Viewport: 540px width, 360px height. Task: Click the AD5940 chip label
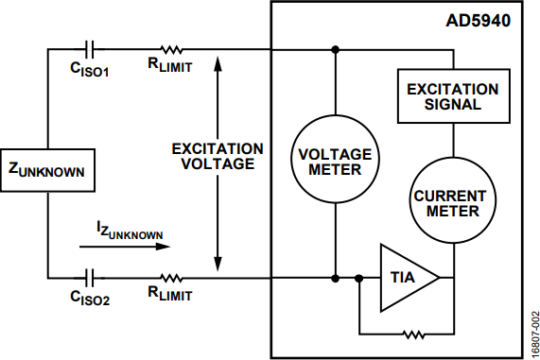click(478, 21)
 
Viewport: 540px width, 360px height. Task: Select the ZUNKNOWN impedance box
click(47, 170)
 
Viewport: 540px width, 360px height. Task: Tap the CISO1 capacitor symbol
click(89, 49)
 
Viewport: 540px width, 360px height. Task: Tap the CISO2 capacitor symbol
click(89, 278)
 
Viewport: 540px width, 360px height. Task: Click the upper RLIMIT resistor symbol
click(171, 50)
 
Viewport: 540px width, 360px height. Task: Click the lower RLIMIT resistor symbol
click(171, 278)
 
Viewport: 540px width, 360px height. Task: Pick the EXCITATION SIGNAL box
click(454, 96)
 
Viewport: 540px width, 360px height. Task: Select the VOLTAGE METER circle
click(335, 160)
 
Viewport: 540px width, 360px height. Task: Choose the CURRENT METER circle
click(453, 200)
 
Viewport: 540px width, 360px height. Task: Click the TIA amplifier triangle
click(409, 278)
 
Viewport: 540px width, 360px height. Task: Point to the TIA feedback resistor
click(413, 334)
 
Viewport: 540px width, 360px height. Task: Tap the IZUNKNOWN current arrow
click(125, 247)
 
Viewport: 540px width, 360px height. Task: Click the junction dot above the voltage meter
click(335, 50)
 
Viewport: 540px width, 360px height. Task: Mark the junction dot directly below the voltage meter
click(335, 278)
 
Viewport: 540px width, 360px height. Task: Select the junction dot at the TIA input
click(358, 278)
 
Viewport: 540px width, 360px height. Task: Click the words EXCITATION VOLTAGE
click(218, 157)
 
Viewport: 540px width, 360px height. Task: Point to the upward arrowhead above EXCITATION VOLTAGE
click(218, 63)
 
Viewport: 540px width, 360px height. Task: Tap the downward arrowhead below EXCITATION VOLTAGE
click(218, 264)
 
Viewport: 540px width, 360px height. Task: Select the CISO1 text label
click(90, 69)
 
